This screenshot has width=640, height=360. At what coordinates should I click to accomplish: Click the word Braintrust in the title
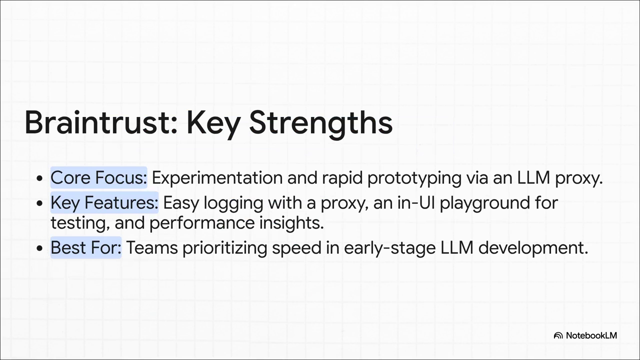101,122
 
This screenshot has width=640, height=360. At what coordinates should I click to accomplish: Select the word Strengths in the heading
321,125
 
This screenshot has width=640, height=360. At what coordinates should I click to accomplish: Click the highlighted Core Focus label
99,177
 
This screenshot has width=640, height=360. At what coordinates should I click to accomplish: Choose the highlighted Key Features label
104,202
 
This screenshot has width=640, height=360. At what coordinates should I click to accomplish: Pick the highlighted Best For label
86,247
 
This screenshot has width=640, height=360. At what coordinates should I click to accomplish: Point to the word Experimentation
217,178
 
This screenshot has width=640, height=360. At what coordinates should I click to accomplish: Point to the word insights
291,223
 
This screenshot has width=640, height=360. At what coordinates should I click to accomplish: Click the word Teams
152,247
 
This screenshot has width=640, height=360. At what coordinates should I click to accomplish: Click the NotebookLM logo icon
558,335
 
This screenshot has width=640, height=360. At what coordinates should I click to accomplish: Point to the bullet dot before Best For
39,248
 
